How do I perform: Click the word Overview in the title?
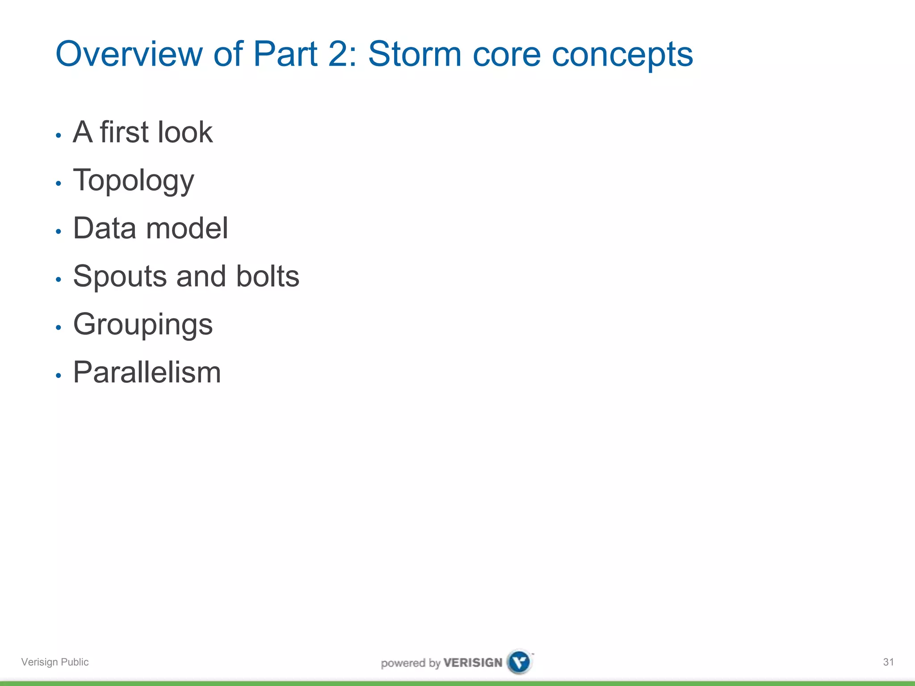129,54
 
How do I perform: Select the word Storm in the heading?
414,54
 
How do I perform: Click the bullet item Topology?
133,181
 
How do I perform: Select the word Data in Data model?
105,228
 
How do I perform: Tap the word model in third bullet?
187,228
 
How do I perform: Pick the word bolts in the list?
268,276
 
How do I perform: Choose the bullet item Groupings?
143,325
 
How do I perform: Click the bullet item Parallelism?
147,372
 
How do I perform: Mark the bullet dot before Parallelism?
58,376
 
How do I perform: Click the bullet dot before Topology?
58,183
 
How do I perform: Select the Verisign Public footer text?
55,662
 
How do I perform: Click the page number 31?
888,662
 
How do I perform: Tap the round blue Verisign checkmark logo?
520,662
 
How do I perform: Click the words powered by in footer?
411,663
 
